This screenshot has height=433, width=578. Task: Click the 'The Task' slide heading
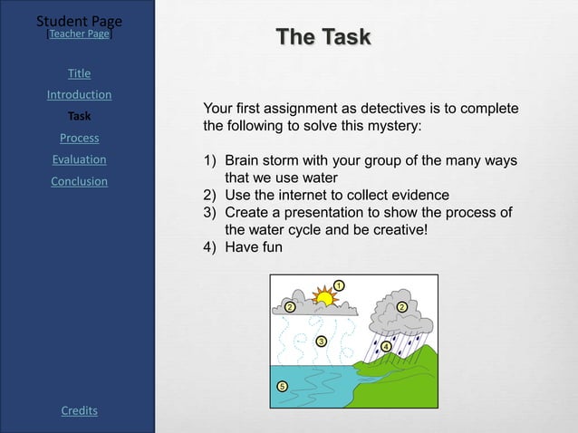pos(323,37)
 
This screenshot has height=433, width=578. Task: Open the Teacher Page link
pos(80,34)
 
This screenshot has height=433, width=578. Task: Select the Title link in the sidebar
pos(79,73)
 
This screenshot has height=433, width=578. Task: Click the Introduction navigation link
pos(79,95)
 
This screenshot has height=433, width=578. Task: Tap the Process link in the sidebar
pos(79,139)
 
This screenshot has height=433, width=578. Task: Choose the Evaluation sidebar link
pos(79,160)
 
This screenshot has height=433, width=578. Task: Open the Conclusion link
pos(79,182)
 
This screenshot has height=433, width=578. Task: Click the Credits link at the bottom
pos(79,411)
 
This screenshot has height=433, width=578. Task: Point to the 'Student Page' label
pos(79,21)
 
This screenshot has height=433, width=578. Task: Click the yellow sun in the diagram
pos(323,296)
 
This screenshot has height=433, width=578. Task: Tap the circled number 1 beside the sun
pos(338,285)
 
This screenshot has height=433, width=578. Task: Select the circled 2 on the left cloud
pos(290,307)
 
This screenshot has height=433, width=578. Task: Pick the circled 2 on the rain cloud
pos(401,307)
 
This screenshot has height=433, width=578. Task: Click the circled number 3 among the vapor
pos(321,342)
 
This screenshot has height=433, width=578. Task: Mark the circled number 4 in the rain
pos(386,347)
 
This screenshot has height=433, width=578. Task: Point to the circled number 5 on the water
pos(282,387)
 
